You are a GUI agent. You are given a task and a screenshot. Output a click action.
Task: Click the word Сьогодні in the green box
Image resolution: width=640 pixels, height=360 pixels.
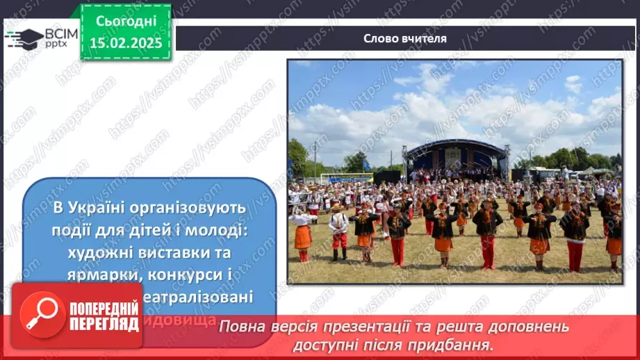pyautogui.click(x=126, y=22)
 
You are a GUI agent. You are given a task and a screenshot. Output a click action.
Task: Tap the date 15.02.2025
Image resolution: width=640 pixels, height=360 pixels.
pyautogui.click(x=126, y=43)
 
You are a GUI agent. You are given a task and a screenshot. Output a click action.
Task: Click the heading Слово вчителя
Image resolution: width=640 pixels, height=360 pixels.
pyautogui.click(x=404, y=38)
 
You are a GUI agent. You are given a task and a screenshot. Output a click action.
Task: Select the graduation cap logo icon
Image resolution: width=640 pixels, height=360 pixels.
pyautogui.click(x=24, y=38)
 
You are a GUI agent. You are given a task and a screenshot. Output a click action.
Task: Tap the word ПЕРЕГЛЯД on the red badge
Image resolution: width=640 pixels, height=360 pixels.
pyautogui.click(x=104, y=324)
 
